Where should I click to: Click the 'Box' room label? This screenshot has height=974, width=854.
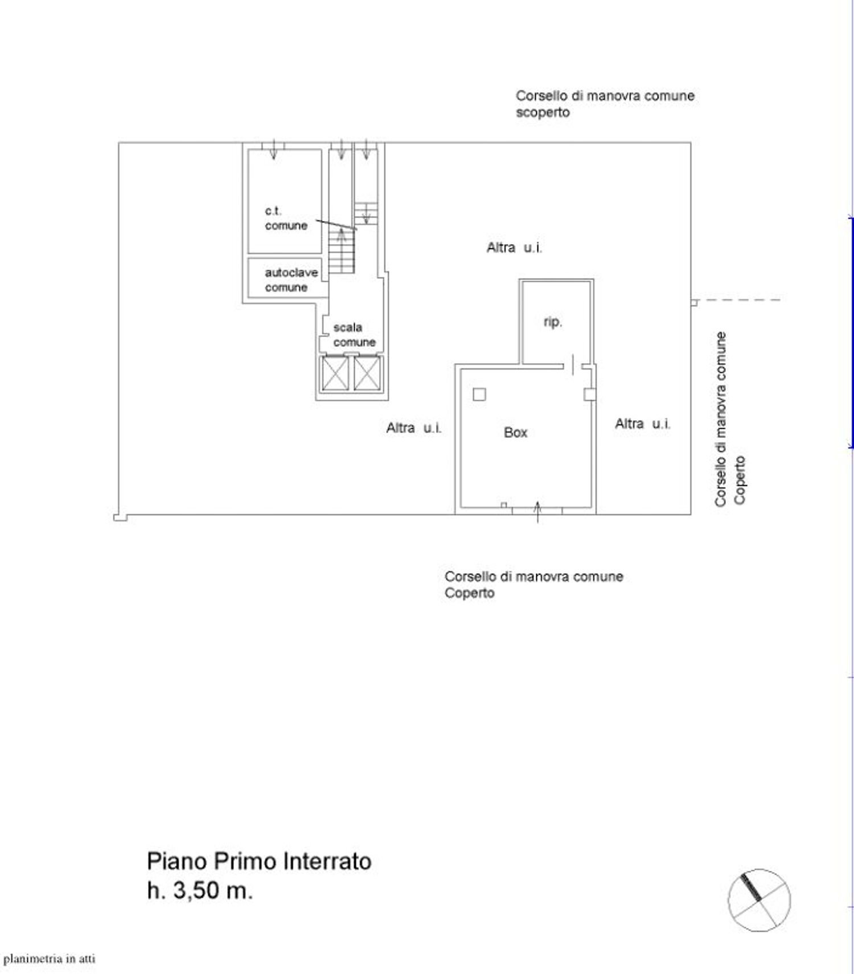(x=515, y=433)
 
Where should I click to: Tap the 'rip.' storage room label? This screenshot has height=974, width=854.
(x=552, y=322)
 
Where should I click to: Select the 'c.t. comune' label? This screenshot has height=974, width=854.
(x=285, y=219)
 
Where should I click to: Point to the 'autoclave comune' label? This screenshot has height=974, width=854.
(x=290, y=280)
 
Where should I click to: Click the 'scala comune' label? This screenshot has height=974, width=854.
(x=354, y=335)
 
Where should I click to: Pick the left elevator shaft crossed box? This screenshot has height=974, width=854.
(x=335, y=373)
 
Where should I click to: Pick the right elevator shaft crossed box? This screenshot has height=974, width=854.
(x=367, y=373)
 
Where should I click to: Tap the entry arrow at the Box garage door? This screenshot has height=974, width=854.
(x=538, y=511)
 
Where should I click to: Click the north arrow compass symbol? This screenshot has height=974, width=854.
(x=759, y=900)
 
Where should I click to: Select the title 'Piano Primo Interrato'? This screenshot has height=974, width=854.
(x=259, y=861)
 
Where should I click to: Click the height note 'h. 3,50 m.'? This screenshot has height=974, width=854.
(x=199, y=890)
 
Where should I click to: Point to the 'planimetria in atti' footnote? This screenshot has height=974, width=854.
(x=50, y=959)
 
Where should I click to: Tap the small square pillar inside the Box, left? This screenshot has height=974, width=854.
(x=479, y=394)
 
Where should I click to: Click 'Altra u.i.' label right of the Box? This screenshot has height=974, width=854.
(x=642, y=424)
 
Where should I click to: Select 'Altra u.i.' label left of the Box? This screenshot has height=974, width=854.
(x=414, y=428)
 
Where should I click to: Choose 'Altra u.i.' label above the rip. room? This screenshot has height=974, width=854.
(x=514, y=248)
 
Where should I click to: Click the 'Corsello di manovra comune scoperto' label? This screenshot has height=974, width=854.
(x=605, y=104)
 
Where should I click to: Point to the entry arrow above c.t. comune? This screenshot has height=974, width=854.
(x=273, y=150)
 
